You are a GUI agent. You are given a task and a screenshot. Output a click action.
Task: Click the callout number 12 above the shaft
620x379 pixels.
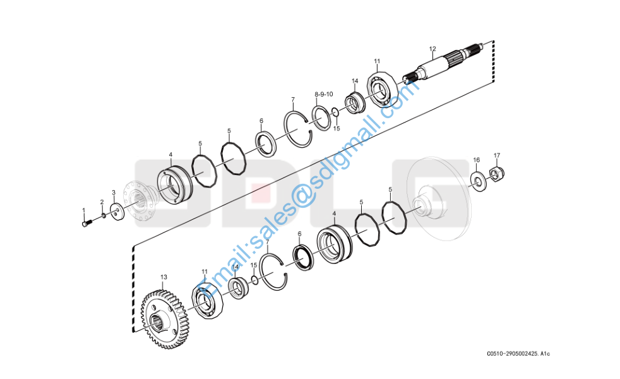point(432,49)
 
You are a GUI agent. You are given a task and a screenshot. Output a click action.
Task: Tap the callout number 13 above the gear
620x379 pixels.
point(164,277)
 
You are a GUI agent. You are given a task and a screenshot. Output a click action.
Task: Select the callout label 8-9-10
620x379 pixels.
point(324,94)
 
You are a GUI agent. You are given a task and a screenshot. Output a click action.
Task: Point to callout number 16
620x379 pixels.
point(477,160)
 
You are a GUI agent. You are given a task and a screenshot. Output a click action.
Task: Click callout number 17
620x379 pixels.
point(497,155)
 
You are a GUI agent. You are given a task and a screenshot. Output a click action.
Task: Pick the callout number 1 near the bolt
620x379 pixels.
point(83,210)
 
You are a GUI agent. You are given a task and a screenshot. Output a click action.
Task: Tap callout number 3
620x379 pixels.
point(114,193)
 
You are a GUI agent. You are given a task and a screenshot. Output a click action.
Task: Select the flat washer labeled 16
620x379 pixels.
point(478,181)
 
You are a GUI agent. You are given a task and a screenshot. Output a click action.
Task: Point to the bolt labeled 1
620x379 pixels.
point(87,222)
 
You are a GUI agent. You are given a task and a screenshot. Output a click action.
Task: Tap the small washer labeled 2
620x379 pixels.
point(104,215)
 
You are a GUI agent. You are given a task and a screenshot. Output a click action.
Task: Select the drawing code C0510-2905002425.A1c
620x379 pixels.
point(518,354)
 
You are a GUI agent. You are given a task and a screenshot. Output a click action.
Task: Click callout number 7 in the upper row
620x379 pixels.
point(293,100)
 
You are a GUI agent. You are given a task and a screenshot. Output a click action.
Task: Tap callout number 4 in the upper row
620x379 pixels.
point(170,155)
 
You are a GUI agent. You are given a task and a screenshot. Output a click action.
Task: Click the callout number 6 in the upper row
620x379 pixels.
point(261,121)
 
